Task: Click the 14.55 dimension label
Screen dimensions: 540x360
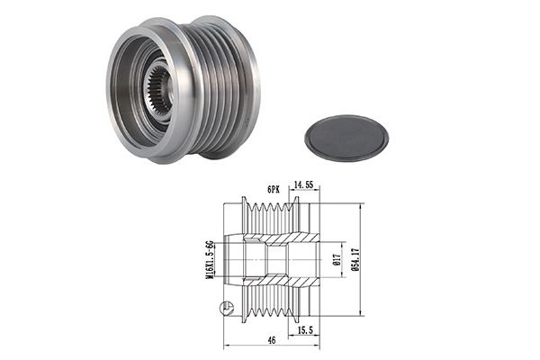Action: (x=303, y=184)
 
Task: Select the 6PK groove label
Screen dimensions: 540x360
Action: (x=274, y=190)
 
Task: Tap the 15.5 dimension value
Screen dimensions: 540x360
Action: (x=305, y=330)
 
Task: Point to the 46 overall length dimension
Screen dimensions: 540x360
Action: (x=272, y=340)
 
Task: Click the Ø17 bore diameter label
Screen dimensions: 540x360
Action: (x=337, y=259)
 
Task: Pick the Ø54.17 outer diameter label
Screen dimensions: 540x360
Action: (x=355, y=260)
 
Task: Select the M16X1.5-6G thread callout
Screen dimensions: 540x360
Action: (x=209, y=260)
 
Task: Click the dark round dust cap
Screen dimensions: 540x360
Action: (x=346, y=138)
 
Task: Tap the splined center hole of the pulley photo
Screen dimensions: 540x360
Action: (x=157, y=90)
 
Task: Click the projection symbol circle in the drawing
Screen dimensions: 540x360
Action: (x=227, y=308)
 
